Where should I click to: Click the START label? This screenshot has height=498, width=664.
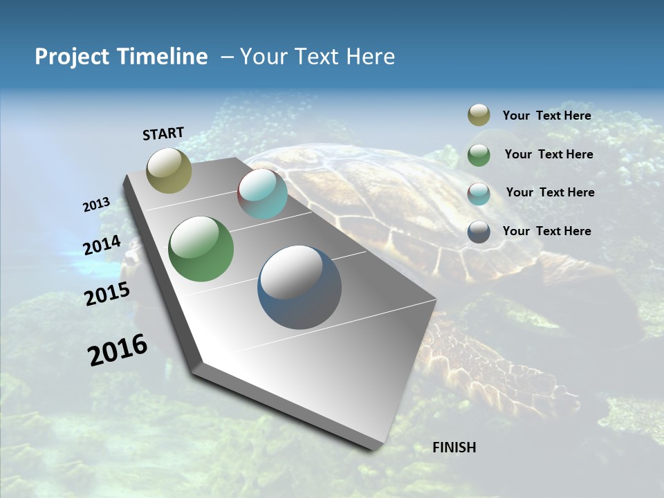click(x=163, y=133)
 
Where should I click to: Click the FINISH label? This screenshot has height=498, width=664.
click(x=454, y=448)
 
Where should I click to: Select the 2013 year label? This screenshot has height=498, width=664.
click(x=96, y=205)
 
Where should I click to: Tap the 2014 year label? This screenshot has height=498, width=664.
click(x=102, y=245)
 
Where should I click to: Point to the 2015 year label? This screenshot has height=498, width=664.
click(x=107, y=294)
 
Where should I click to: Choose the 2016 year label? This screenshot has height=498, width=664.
click(x=118, y=350)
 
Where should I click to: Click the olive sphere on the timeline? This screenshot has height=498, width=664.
click(x=169, y=170)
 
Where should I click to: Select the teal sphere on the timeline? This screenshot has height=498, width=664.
click(x=262, y=194)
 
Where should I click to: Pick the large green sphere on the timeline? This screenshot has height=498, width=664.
click(x=201, y=249)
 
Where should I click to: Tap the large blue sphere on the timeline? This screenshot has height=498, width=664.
click(x=299, y=287)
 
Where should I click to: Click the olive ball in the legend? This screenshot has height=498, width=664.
click(x=479, y=116)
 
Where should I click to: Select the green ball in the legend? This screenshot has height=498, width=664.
click(x=479, y=154)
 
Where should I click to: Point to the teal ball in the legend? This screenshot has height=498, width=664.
click(x=479, y=193)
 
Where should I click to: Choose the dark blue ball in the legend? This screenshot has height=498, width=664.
click(x=479, y=232)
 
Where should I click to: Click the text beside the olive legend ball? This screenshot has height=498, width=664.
click(x=546, y=116)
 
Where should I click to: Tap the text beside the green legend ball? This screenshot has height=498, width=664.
click(x=548, y=154)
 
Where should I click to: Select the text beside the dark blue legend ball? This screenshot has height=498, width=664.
click(x=546, y=231)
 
